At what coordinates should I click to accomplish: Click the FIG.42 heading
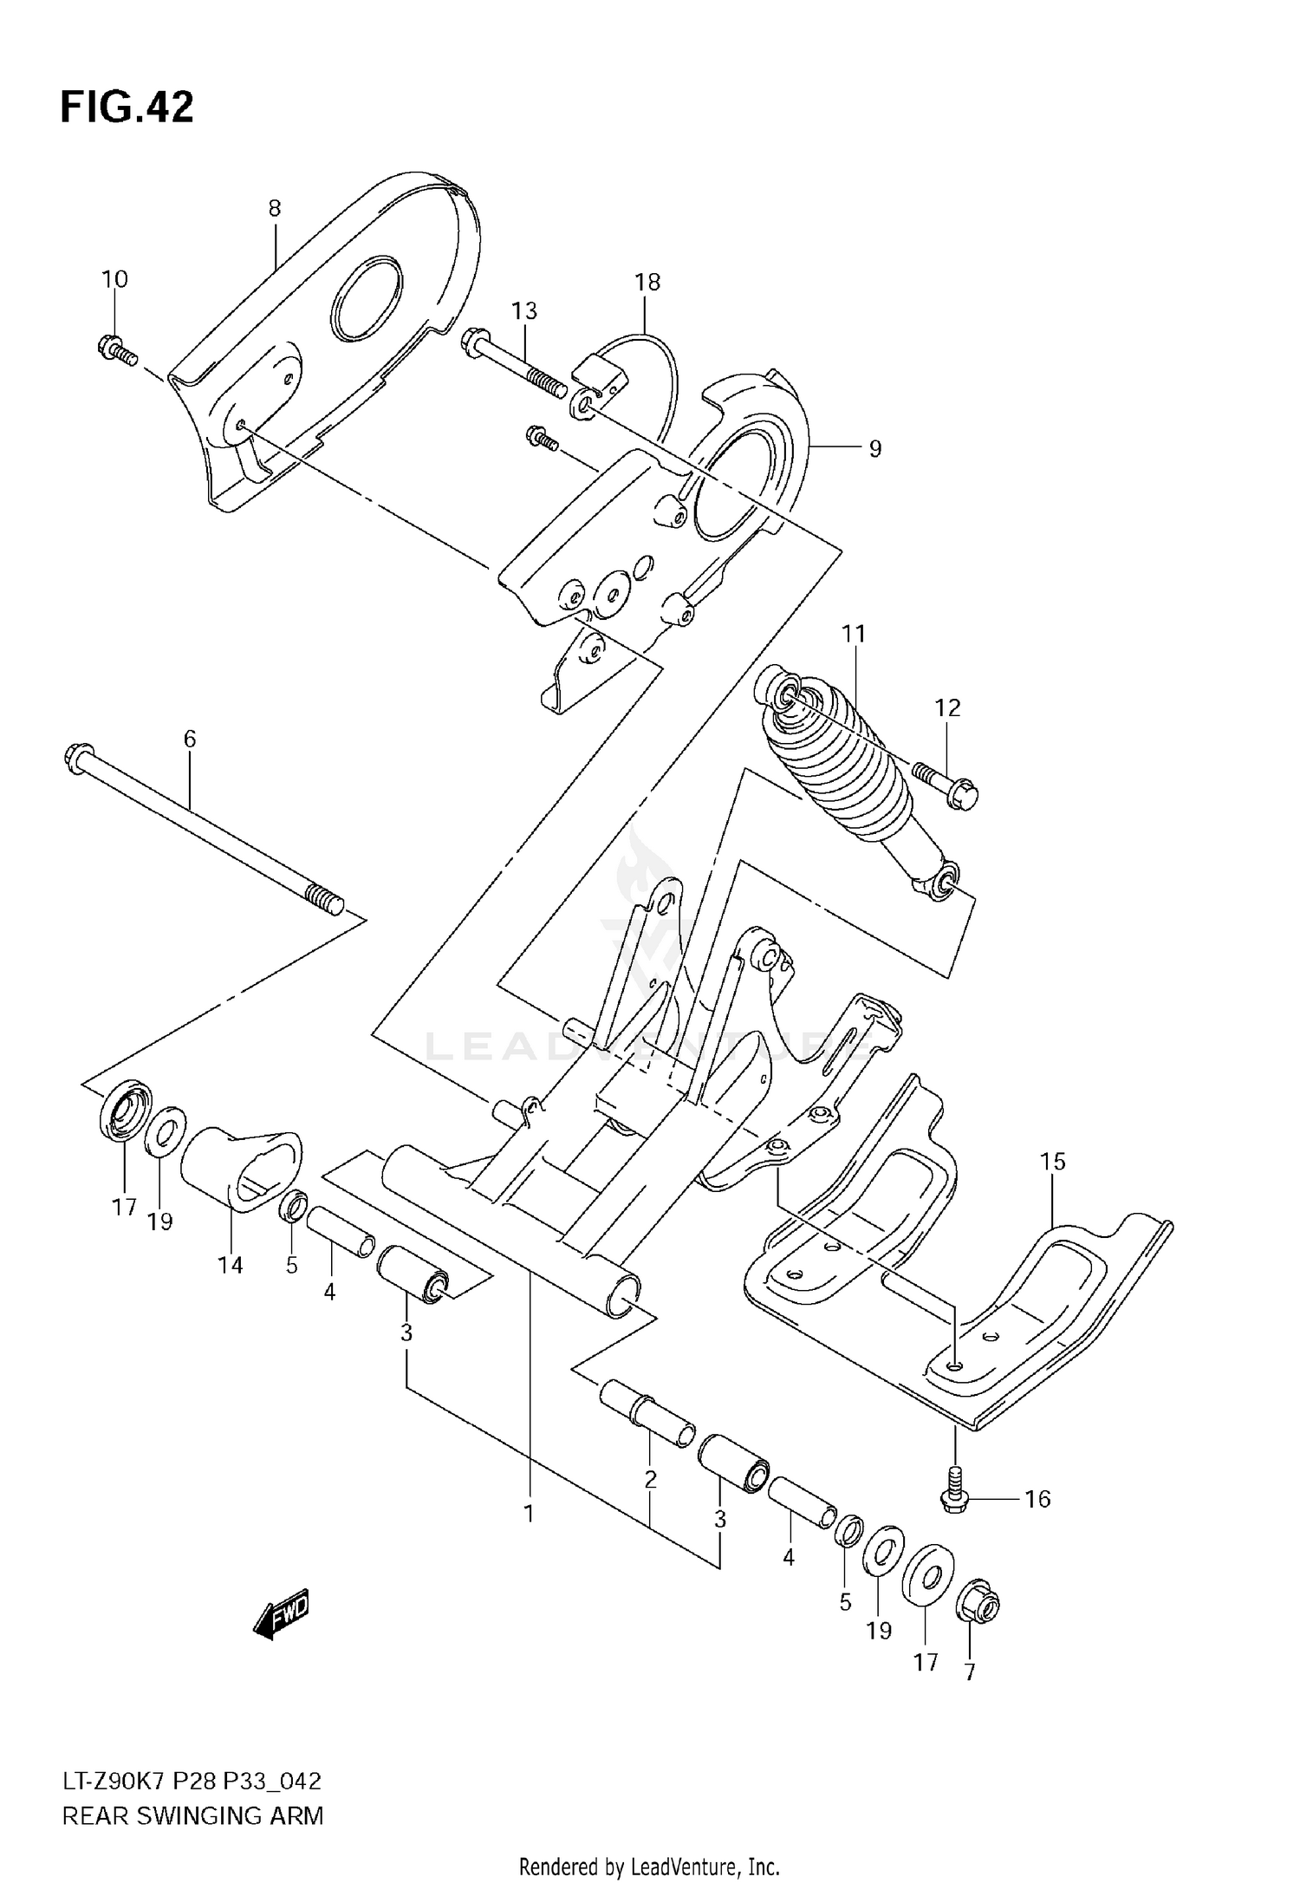pos(127,108)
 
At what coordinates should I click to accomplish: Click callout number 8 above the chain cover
pos(274,208)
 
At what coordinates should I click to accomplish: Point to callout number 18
pos(647,282)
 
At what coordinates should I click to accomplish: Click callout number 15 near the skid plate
pos(1052,1161)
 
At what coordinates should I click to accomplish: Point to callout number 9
pos(874,448)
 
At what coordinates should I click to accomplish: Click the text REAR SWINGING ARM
pos(192,1815)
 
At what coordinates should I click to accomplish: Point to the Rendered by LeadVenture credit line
pos(649,1867)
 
